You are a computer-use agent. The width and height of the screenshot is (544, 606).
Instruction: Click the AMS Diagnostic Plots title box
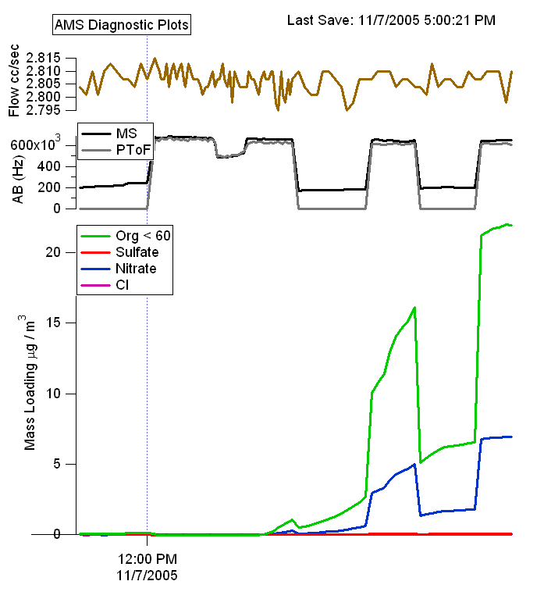pyautogui.click(x=122, y=24)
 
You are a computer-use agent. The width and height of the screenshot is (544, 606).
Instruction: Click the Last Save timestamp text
pyautogui.click(x=391, y=20)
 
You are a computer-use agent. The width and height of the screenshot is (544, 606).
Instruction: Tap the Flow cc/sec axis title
pyautogui.click(x=14, y=81)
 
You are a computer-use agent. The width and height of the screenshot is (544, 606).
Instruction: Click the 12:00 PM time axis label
pyautogui.click(x=147, y=559)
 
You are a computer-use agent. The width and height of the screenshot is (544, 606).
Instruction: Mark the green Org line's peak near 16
pyautogui.click(x=414, y=308)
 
